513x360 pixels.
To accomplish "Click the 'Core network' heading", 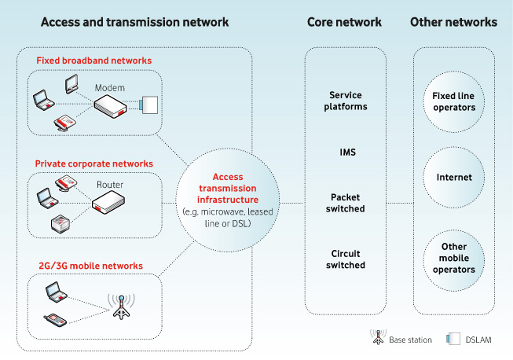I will pos(344,22).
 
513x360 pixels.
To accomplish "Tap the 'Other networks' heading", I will pos(453,22).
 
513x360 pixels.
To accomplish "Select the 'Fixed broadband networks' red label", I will pos(93,60).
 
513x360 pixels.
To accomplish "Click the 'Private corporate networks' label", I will pos(94,163).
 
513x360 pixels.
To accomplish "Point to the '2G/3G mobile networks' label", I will pos(89,266).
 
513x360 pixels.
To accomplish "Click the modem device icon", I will pos(112,107).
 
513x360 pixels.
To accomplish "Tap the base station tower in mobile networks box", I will pos(121,307).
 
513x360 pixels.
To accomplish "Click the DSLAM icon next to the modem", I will pos(148,105).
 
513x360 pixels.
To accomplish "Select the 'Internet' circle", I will pos(453,177).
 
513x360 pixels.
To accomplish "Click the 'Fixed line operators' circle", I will pos(453,101).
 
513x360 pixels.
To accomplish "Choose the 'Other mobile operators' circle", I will pos(453,258).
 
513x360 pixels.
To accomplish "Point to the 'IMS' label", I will pos(346,151).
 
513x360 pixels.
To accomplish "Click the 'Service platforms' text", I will pos(346,101).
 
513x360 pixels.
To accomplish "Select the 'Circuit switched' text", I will pos(346,259).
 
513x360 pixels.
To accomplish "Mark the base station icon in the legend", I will pos(376,339).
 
